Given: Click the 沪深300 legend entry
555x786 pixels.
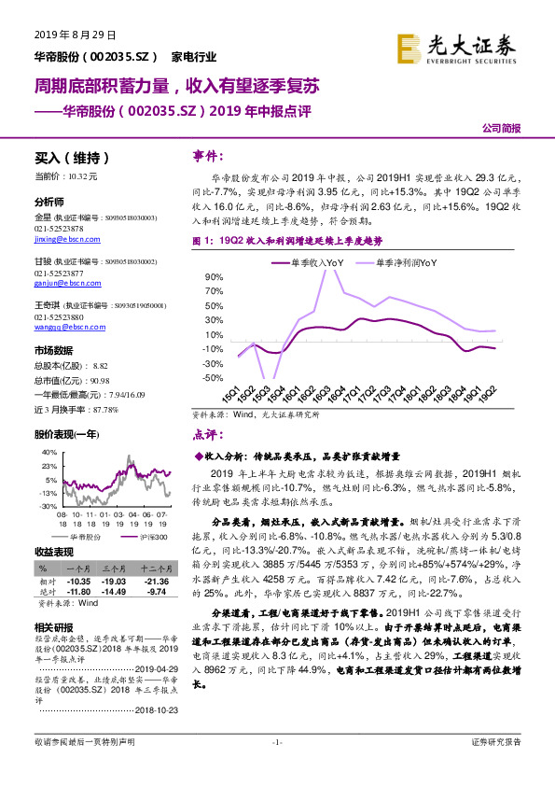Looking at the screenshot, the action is (148, 537).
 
